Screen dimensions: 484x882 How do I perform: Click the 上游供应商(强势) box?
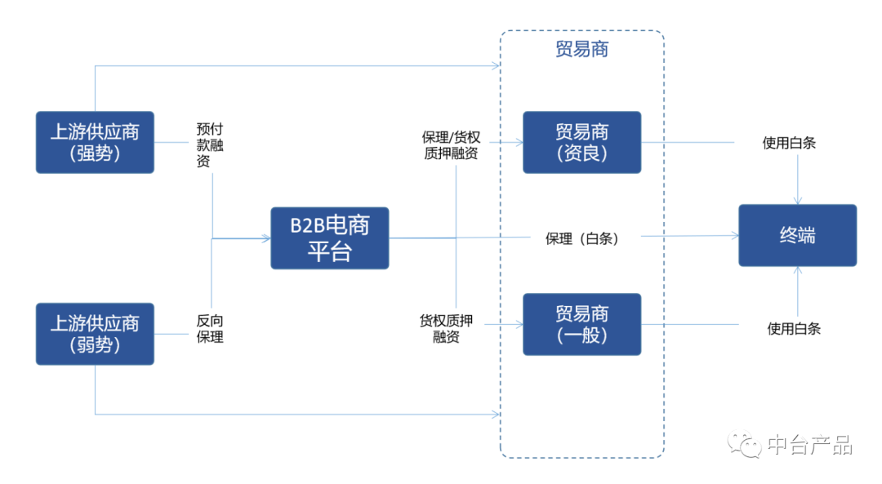pos(95,142)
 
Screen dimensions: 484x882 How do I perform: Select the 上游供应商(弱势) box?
pos(95,334)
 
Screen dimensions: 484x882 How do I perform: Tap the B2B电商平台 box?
pos(330,238)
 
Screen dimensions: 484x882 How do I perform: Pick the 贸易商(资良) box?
pos(581,142)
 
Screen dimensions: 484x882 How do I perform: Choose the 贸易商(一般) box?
pos(581,324)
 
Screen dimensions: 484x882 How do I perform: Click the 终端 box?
pos(797,236)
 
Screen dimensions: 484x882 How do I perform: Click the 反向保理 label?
pos(210,328)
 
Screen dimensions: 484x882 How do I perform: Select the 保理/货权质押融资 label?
pos(450,144)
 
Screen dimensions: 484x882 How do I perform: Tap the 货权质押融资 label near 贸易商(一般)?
pos(446,328)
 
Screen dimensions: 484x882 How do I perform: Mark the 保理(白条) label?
pos(581,238)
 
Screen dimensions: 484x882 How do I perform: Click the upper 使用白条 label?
pos(789,143)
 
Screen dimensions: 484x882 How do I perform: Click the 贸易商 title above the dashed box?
pos(581,50)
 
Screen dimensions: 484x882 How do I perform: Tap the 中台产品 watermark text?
pos(809,445)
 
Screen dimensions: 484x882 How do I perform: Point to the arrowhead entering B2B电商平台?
pos(266,238)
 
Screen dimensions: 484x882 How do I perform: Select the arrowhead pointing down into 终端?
pos(798,201)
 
